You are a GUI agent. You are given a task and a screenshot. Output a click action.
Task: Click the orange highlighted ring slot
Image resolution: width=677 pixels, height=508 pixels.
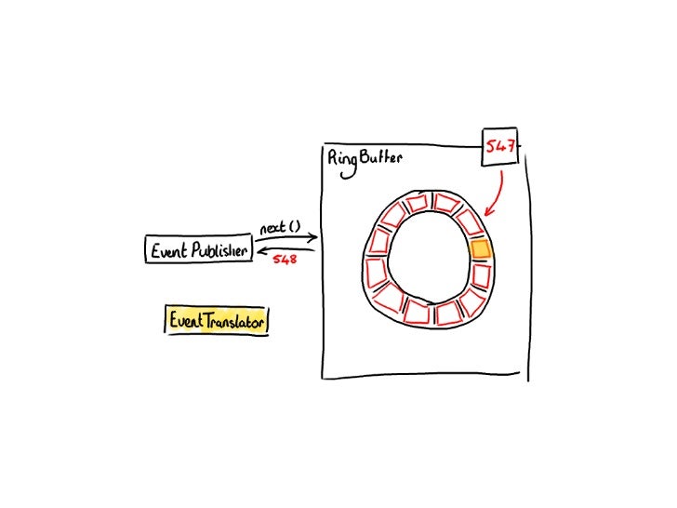(480, 249)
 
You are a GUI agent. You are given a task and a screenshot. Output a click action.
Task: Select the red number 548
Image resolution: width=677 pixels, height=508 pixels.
(284, 259)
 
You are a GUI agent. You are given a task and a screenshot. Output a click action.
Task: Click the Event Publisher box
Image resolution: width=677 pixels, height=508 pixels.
(199, 249)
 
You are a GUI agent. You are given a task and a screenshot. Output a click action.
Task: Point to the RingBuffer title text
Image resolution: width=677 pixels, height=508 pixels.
(365, 159)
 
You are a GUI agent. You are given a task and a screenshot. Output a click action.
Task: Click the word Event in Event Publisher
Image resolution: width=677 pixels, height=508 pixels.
(168, 249)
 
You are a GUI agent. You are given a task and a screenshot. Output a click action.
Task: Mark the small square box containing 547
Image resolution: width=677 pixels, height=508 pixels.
(500, 147)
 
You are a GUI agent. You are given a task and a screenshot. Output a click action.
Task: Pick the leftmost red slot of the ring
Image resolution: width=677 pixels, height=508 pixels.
(377, 272)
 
